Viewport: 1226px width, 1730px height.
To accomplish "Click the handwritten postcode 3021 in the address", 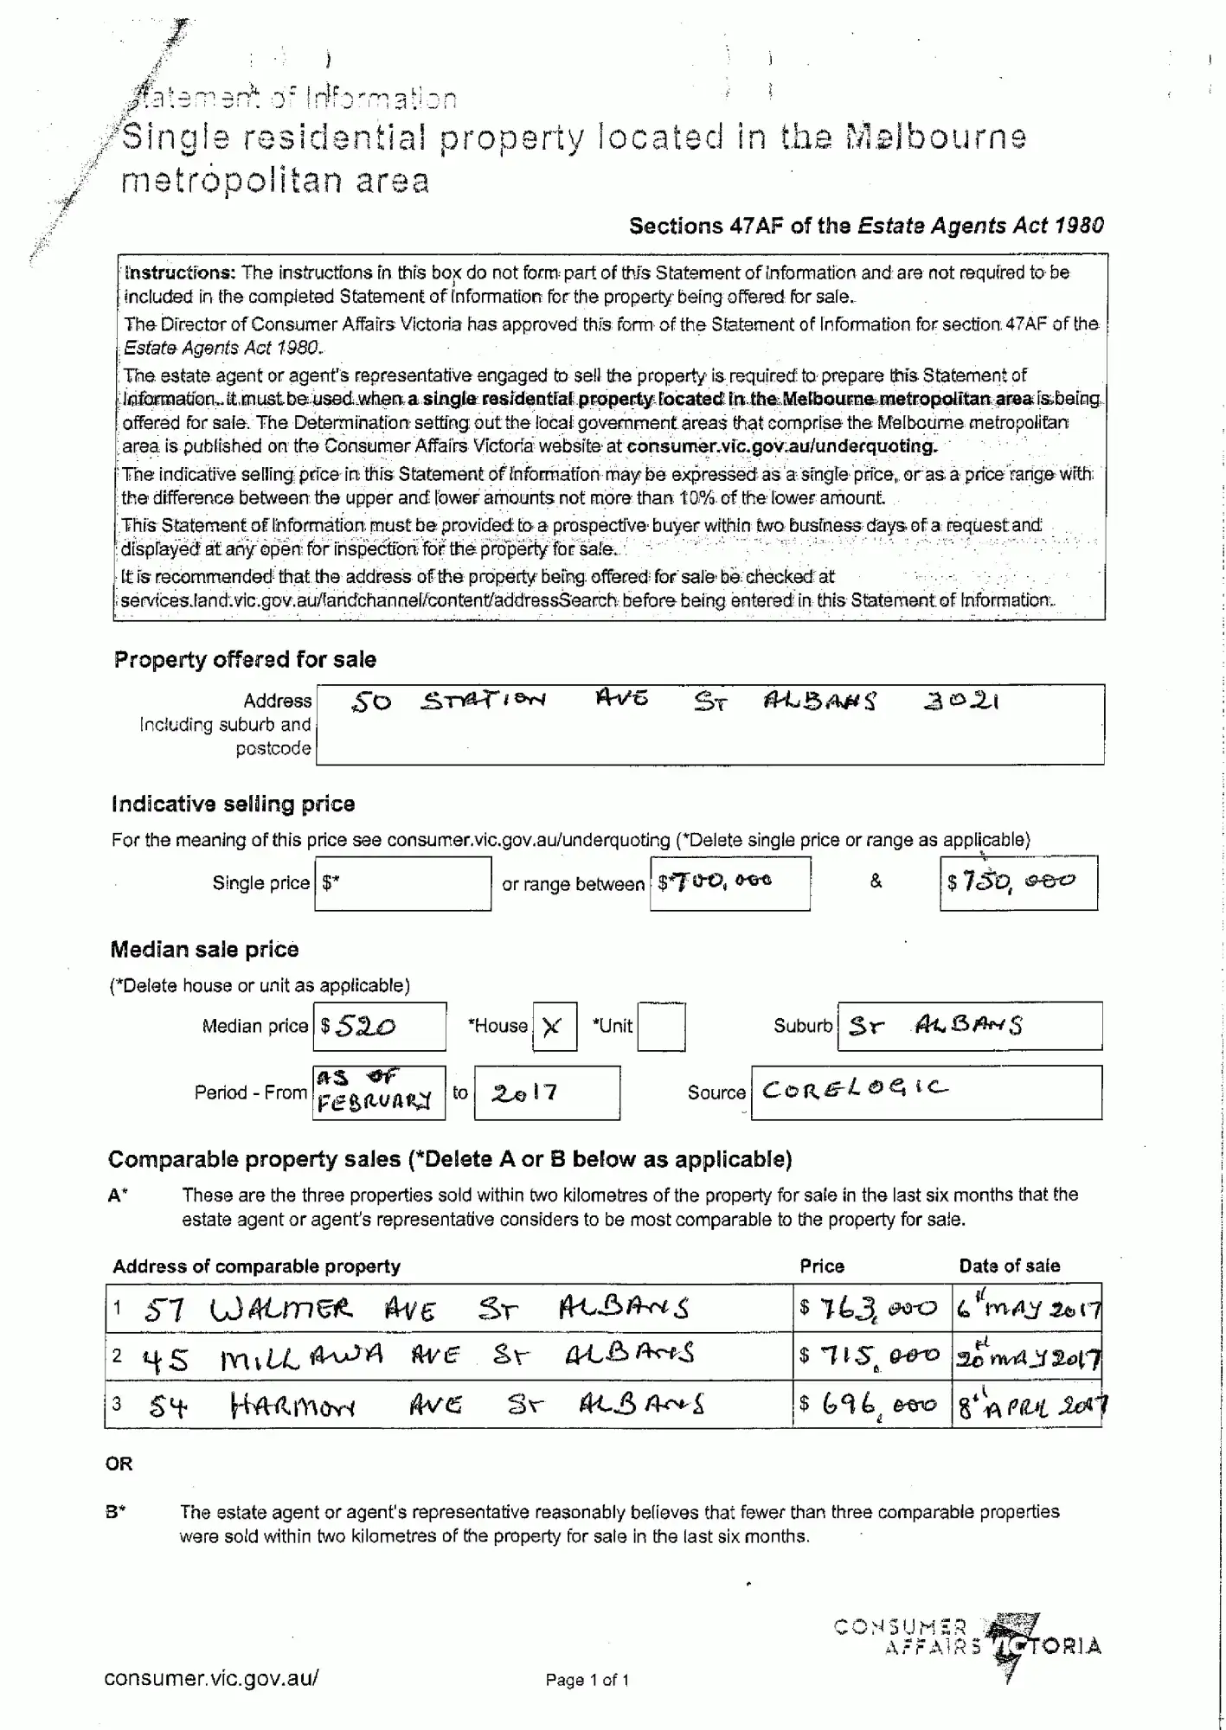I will point(961,702).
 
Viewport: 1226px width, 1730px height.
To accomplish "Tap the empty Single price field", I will point(403,883).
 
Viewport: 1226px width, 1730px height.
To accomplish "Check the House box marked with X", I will point(554,1027).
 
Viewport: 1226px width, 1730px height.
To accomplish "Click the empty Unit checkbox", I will point(661,1027).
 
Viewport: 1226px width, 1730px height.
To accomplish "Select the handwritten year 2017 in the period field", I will point(525,1092).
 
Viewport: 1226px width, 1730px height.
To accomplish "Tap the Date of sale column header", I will point(1009,1266).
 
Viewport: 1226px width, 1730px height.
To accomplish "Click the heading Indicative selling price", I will point(233,804).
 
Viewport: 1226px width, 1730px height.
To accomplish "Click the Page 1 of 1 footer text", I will point(587,1681).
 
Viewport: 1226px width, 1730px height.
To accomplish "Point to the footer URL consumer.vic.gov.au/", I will point(211,1678).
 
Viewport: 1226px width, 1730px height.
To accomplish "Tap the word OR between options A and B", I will point(119,1464).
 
